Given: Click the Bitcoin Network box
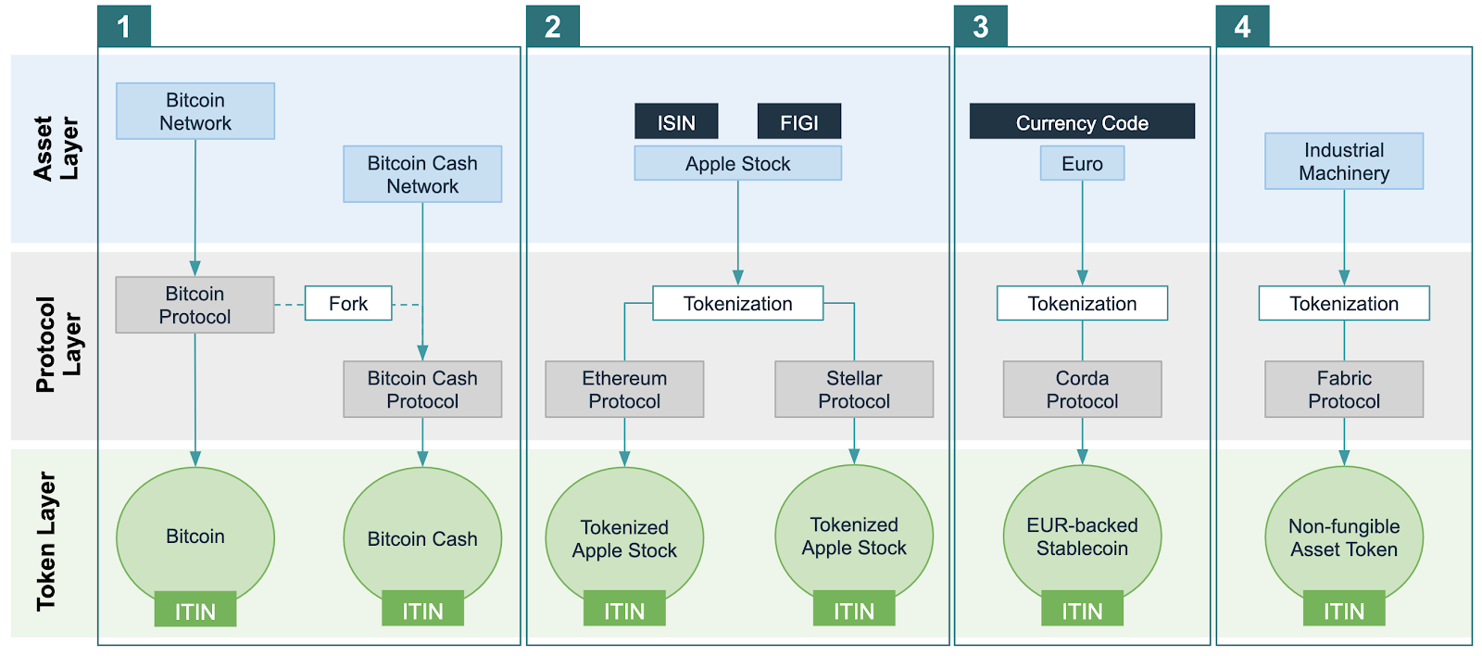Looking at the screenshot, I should pyautogui.click(x=195, y=111).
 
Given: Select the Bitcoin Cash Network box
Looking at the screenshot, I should pyautogui.click(x=422, y=174).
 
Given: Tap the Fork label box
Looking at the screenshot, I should pyautogui.click(x=348, y=304).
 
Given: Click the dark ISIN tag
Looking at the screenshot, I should pyautogui.click(x=676, y=121).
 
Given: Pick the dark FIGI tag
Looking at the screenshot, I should pyautogui.click(x=798, y=121).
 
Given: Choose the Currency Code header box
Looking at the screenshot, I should pyautogui.click(x=1082, y=121).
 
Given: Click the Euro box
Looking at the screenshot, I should pyautogui.click(x=1082, y=164).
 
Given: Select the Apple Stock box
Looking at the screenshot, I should pyautogui.click(x=737, y=164).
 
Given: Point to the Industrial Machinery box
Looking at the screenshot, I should pyautogui.click(x=1344, y=161).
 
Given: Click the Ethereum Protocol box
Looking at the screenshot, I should pyautogui.click(x=624, y=389).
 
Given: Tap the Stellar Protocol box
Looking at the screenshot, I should pyautogui.click(x=854, y=389).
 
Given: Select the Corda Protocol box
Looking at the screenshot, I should pyautogui.click(x=1082, y=389).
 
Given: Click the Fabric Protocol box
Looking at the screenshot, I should pyautogui.click(x=1344, y=389).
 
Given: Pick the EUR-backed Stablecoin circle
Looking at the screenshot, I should pyautogui.click(x=1082, y=533).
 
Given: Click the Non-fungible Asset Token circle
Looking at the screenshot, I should pyautogui.click(x=1344, y=533).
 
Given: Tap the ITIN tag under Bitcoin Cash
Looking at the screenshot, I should pyautogui.click(x=422, y=610).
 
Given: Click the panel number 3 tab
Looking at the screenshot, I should pyautogui.click(x=981, y=26).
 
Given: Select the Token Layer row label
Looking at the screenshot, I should pyautogui.click(x=46, y=542).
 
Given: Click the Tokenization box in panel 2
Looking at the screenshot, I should pyautogui.click(x=737, y=304).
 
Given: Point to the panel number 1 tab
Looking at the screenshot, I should pyautogui.click(x=124, y=26).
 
